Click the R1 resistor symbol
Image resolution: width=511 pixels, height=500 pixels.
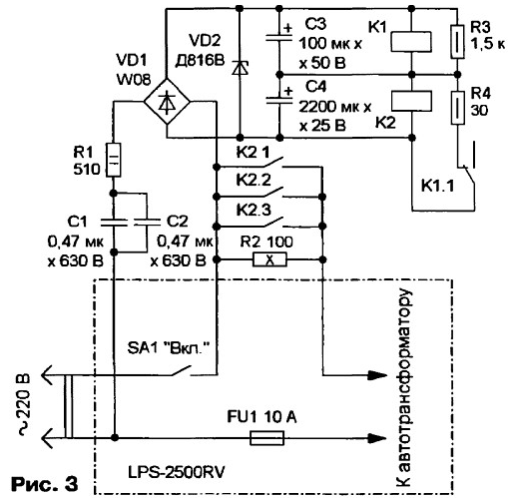click(114, 160)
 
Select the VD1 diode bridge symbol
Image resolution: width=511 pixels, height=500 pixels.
click(167, 102)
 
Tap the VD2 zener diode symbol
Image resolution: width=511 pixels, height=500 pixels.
click(240, 68)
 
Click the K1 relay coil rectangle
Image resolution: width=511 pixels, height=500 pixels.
click(411, 42)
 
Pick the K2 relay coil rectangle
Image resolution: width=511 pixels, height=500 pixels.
click(411, 101)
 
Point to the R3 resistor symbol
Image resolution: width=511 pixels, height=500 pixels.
click(458, 42)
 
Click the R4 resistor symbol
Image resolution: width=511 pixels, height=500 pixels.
click(458, 108)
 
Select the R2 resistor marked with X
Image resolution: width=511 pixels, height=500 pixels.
click(269, 259)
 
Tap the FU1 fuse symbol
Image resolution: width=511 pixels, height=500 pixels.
click(266, 438)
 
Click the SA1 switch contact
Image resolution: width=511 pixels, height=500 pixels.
click(182, 371)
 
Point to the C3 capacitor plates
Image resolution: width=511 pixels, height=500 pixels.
click(279, 38)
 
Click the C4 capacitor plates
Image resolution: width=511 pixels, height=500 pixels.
click(279, 101)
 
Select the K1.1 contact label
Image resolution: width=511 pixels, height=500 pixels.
click(437, 186)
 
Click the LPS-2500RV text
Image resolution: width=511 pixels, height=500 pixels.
click(177, 472)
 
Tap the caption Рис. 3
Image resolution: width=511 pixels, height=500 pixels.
click(45, 484)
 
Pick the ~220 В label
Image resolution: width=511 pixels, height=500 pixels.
click(24, 405)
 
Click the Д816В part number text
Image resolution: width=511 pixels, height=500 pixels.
click(200, 61)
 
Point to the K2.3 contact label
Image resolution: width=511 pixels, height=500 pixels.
click(254, 211)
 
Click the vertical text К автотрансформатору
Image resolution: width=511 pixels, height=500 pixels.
click(404, 388)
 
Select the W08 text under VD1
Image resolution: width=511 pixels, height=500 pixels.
click(134, 79)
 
